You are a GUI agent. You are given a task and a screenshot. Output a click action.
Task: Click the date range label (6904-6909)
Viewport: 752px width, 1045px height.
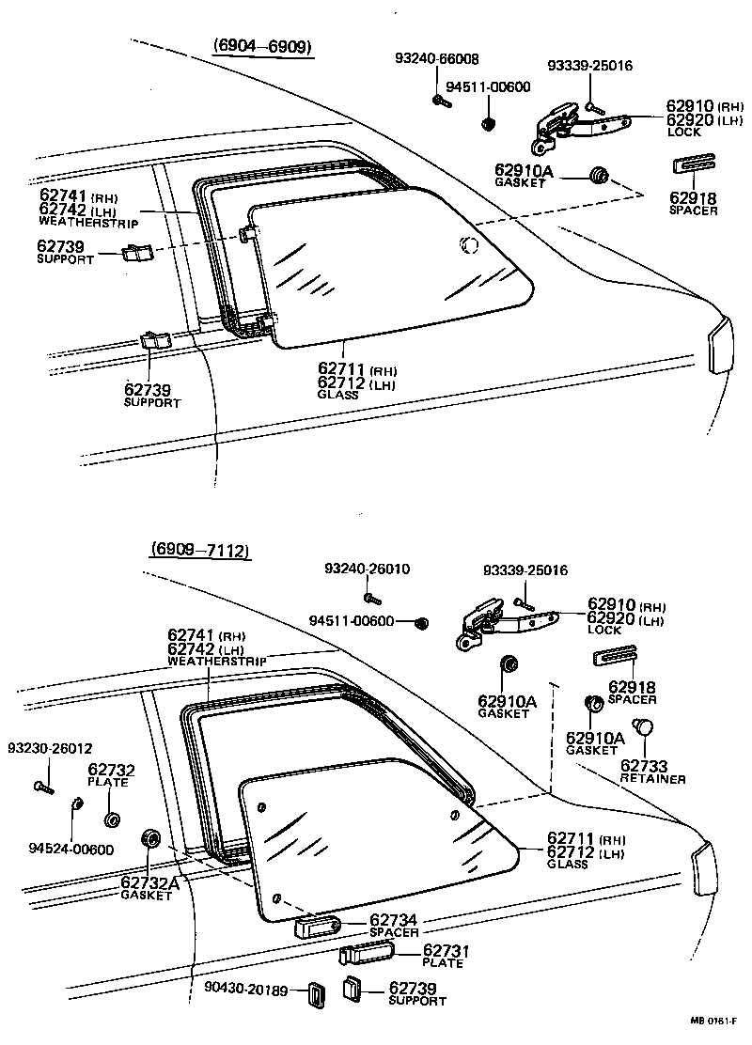262,46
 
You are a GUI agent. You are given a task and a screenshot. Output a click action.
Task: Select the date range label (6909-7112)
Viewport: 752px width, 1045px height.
199,551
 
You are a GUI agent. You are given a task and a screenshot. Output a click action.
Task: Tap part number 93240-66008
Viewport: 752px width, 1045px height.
435,58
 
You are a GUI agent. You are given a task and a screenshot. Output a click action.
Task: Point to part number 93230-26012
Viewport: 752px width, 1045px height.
50,748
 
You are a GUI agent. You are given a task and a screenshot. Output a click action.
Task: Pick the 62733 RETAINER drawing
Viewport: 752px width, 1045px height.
644,726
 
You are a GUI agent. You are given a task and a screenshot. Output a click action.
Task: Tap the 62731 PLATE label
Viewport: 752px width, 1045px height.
446,957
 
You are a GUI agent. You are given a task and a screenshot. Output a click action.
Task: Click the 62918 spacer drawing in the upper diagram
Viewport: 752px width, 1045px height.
690,165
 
